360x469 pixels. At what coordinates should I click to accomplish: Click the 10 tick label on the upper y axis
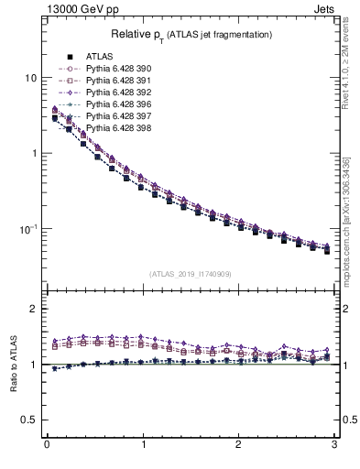tap(30, 78)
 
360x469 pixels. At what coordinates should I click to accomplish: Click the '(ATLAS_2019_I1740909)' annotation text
tap(191, 274)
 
